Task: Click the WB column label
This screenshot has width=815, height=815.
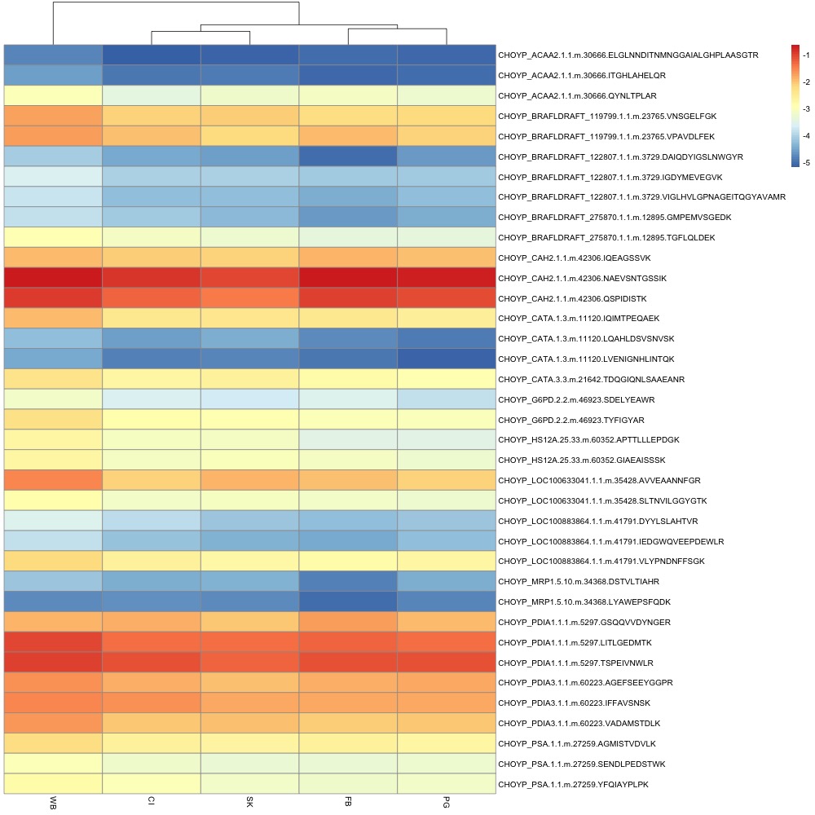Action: point(53,802)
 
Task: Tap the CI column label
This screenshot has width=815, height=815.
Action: point(152,801)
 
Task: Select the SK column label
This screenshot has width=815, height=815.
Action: point(249,802)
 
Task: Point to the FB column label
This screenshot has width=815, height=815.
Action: point(348,802)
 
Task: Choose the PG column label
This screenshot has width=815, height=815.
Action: point(447,802)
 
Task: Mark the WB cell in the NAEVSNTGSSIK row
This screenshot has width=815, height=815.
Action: point(53,278)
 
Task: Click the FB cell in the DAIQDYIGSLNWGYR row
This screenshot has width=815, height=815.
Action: point(348,156)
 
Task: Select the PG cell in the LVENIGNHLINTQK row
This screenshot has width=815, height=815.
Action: point(447,359)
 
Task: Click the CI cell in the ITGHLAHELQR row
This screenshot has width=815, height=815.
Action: point(152,75)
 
